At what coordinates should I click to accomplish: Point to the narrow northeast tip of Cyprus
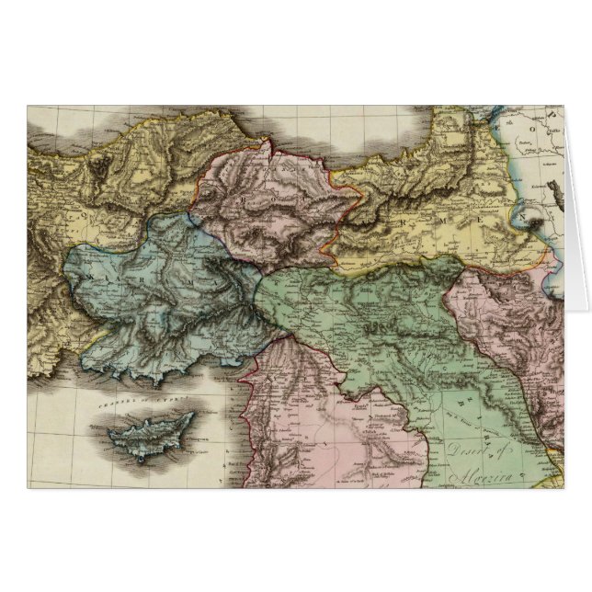click(x=192, y=416)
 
